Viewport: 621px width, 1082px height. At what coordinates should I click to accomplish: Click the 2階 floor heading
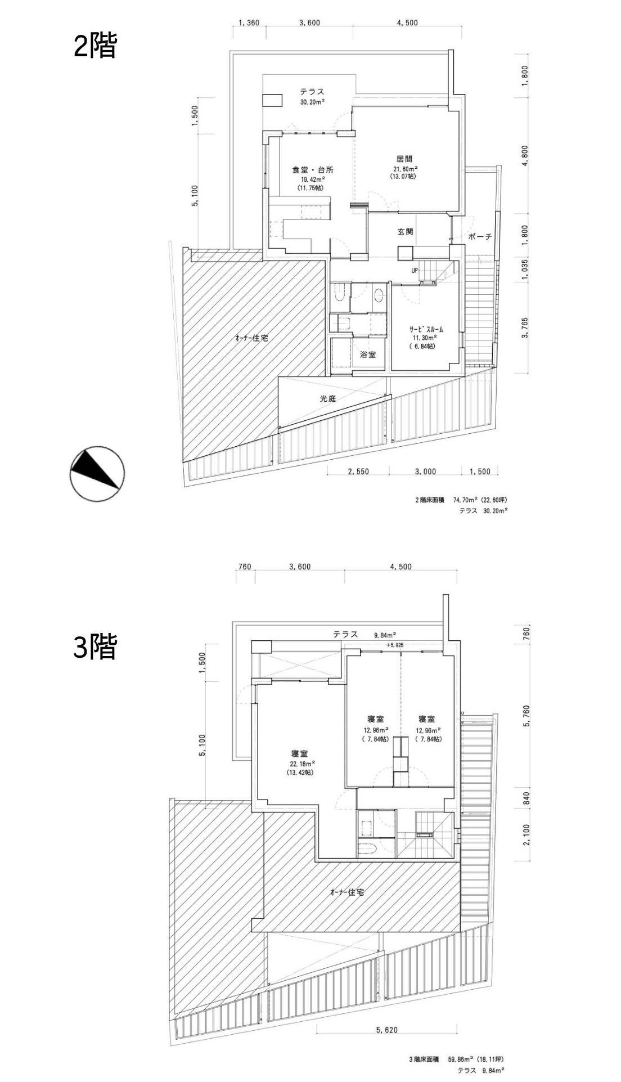tap(95, 47)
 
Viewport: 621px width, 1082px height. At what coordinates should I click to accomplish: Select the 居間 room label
tap(404, 159)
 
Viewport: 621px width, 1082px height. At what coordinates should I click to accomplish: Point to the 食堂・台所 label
tap(313, 169)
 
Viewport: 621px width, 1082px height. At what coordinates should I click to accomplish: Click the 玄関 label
tap(406, 231)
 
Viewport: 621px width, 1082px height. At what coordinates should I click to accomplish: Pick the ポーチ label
tap(480, 237)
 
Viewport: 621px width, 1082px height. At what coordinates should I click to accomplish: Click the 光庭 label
tap(328, 398)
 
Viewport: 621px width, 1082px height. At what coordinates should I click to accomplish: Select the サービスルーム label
tap(426, 330)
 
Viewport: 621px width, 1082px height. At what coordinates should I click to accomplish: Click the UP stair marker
tap(415, 270)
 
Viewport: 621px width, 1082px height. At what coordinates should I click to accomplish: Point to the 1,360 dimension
tap(249, 23)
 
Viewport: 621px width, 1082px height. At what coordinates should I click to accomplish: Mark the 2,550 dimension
tap(358, 472)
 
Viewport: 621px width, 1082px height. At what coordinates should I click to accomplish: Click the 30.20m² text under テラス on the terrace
tap(312, 102)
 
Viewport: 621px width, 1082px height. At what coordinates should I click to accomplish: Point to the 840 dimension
tap(527, 798)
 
